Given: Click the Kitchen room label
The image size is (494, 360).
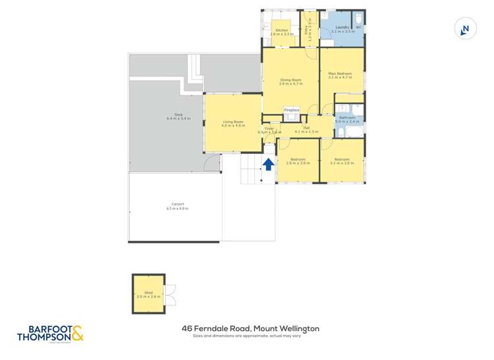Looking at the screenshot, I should pos(282,30).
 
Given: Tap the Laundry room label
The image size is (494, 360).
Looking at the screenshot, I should pos(342,28).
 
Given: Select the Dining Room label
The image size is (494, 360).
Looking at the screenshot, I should pos(290,80).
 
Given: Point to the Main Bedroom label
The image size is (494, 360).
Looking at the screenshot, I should pos(340,74).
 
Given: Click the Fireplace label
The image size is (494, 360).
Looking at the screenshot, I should pos(292,109).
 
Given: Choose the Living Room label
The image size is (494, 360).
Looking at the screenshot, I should pos(233,121).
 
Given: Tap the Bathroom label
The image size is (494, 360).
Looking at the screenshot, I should pos(347,117).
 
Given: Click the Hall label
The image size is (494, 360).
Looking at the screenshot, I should pos(306,128).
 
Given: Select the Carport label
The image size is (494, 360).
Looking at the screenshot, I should pos(178,204).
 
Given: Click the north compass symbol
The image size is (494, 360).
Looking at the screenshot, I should pos(466,29).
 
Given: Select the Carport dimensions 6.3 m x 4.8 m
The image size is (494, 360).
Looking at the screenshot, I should pos(178,208).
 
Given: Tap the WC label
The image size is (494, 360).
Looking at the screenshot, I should pos(359,28).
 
